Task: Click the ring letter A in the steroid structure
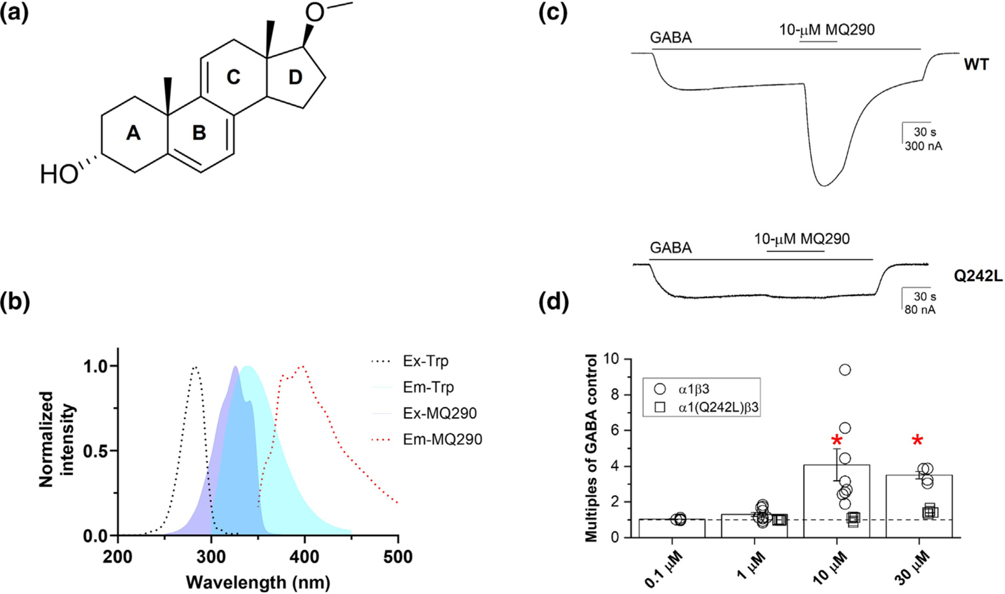(x=133, y=133)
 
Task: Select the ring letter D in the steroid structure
(x=295, y=78)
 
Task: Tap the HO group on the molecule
(x=59, y=175)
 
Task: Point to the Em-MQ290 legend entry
(x=442, y=439)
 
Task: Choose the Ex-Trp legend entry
(x=425, y=361)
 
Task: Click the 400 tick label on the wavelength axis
(x=304, y=557)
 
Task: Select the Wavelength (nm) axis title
(x=258, y=582)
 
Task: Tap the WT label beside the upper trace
(x=976, y=65)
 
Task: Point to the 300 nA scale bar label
(x=923, y=147)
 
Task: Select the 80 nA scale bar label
(x=920, y=309)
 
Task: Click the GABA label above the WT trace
(x=671, y=38)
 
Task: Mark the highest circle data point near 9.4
(x=845, y=370)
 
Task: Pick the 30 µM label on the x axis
(x=912, y=571)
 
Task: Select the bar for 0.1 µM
(x=672, y=529)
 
